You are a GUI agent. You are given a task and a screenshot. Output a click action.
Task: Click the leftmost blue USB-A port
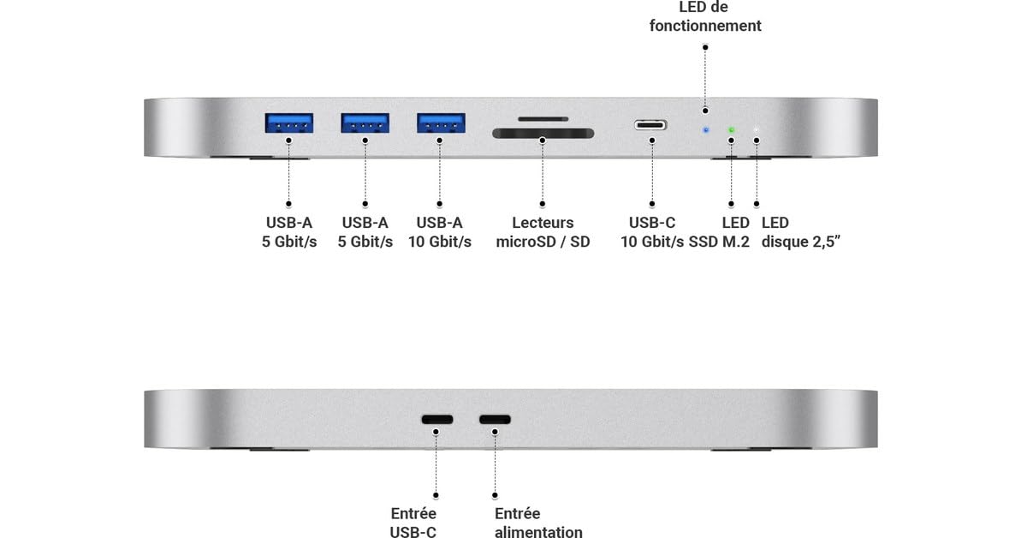[288, 123]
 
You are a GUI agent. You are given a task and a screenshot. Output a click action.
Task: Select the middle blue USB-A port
[365, 123]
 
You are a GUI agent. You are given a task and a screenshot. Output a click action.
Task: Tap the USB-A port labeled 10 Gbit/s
[441, 123]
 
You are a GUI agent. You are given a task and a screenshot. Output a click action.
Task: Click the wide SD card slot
[543, 134]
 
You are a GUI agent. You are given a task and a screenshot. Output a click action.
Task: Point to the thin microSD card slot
[543, 119]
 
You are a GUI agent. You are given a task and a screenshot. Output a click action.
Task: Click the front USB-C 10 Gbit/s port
[651, 125]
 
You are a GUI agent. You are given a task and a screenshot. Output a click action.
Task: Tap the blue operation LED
[705, 131]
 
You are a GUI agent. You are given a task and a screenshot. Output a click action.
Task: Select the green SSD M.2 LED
[731, 131]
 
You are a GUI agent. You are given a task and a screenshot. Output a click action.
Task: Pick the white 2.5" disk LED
[757, 131]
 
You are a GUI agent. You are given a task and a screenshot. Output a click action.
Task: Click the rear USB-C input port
[436, 420]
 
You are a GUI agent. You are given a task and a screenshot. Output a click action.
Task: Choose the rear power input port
[495, 420]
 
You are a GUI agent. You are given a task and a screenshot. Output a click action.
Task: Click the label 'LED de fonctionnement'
[705, 17]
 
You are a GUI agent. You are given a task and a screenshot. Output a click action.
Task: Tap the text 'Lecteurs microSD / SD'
[543, 232]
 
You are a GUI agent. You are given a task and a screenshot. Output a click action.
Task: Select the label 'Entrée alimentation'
[538, 523]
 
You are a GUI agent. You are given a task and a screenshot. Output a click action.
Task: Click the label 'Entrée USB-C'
[413, 523]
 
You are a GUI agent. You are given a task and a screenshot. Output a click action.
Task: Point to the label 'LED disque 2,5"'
[801, 232]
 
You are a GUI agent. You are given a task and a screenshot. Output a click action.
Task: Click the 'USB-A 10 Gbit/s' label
[440, 232]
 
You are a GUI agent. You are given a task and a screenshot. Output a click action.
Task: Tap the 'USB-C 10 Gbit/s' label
[652, 232]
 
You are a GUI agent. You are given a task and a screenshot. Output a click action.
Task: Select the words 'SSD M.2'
[719, 242]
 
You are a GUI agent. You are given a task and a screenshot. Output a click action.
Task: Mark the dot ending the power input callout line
[495, 494]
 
